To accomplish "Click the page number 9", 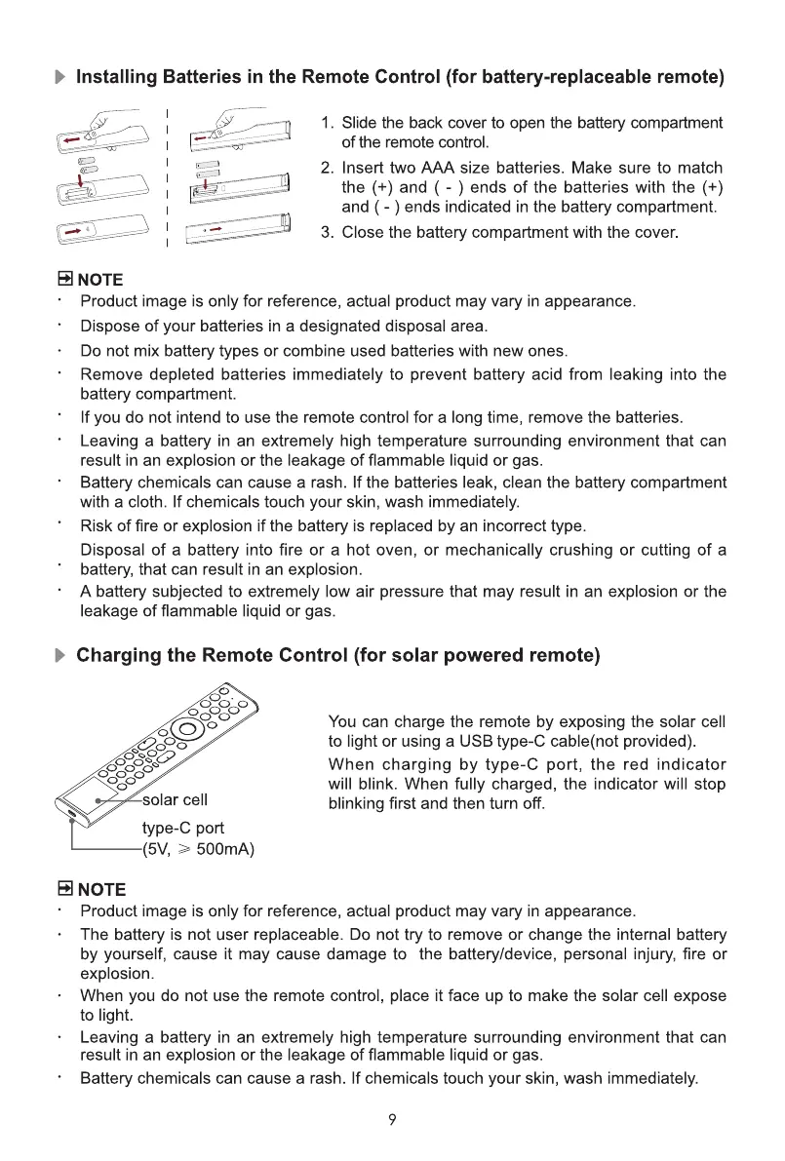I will coord(391,1120).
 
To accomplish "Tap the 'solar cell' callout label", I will coord(176,800).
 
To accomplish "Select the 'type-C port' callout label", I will coord(183,828).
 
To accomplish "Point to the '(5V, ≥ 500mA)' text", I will coord(198,849).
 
